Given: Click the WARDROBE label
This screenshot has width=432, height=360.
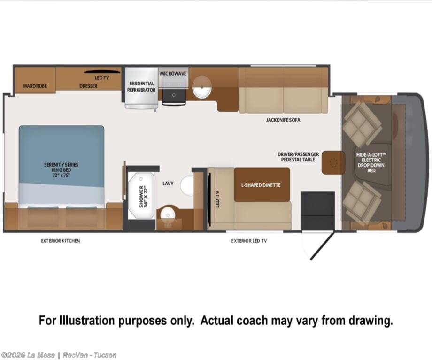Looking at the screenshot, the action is pyautogui.click(x=35, y=86).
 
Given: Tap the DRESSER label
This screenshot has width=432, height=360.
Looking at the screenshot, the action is pyautogui.click(x=88, y=86).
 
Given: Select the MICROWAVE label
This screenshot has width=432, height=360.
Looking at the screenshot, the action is pyautogui.click(x=173, y=74).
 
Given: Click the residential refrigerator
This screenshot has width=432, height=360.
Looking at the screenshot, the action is pyautogui.click(x=141, y=88).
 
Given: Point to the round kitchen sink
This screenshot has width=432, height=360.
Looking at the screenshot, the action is pyautogui.click(x=201, y=87).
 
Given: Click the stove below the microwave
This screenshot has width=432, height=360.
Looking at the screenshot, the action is pyautogui.click(x=174, y=97).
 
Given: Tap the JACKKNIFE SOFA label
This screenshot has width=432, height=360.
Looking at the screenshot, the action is pyautogui.click(x=283, y=120).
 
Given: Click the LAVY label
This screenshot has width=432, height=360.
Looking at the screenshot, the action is pyautogui.click(x=168, y=183).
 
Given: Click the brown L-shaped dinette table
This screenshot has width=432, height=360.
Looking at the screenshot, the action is pyautogui.click(x=262, y=184).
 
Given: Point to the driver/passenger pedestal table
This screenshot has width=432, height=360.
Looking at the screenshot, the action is pyautogui.click(x=333, y=162).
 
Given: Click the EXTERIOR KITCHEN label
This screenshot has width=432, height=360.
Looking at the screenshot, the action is pyautogui.click(x=60, y=241).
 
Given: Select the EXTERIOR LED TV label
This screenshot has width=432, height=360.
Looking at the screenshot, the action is pyautogui.click(x=249, y=241).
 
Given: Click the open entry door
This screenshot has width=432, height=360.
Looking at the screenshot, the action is pyautogui.click(x=322, y=246).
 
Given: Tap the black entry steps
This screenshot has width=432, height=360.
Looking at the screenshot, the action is pyautogui.click(x=317, y=211).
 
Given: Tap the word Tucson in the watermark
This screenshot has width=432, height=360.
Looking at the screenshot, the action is pyautogui.click(x=105, y=355).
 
